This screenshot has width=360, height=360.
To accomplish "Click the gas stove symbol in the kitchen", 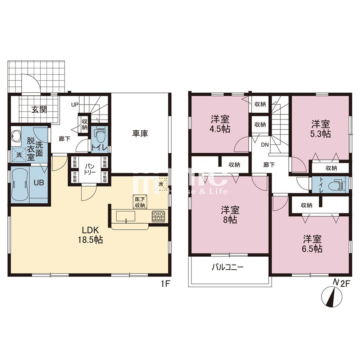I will [x=158, y=216].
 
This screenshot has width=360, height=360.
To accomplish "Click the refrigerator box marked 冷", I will [x=161, y=184].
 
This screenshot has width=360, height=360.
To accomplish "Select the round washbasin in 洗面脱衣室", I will [x=16, y=137].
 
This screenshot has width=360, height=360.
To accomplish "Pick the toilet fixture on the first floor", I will [x=100, y=135].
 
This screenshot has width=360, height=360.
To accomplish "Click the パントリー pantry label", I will [x=90, y=169].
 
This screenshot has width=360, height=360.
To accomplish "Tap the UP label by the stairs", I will [x=75, y=105].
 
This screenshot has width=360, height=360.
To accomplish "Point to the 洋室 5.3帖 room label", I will [x=321, y=129].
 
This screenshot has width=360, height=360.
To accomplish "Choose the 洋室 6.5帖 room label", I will [x=312, y=244].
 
